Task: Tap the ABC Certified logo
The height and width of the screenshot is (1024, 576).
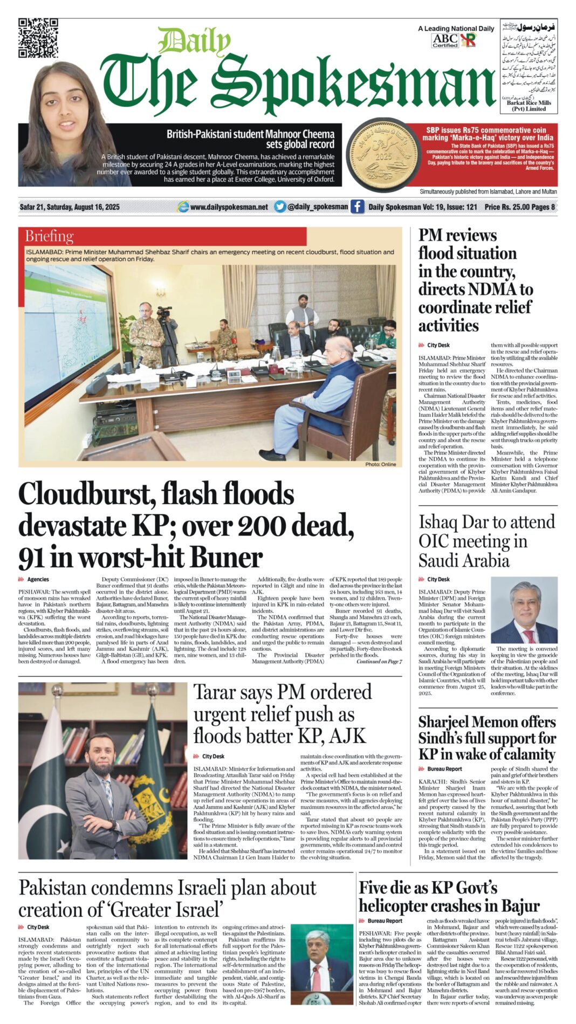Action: pyautogui.click(x=445, y=40)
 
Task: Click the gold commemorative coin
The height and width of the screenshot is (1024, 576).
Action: pyautogui.click(x=383, y=156)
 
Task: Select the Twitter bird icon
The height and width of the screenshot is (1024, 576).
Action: pyautogui.click(x=279, y=207)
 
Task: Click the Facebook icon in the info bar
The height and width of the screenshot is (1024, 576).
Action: pyautogui.click(x=357, y=207)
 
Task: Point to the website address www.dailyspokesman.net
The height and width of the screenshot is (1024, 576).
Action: pyautogui.click(x=229, y=207)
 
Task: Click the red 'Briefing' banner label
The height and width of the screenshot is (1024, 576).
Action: pyautogui.click(x=49, y=236)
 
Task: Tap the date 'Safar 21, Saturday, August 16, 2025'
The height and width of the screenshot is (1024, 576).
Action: pyautogui.click(x=70, y=207)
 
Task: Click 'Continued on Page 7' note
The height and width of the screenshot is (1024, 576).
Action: pyautogui.click(x=379, y=661)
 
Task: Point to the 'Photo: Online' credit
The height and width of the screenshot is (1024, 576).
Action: pyautogui.click(x=380, y=464)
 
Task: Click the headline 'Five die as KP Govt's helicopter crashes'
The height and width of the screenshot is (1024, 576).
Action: pyautogui.click(x=449, y=896)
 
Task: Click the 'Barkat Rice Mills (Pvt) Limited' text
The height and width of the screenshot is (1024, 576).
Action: pyautogui.click(x=529, y=106)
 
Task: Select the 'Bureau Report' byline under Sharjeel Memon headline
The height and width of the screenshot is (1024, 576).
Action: pyautogui.click(x=444, y=769)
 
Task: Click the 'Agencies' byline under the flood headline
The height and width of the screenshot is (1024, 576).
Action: pyautogui.click(x=38, y=579)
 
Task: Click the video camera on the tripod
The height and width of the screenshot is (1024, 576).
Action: pyautogui.click(x=164, y=312)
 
